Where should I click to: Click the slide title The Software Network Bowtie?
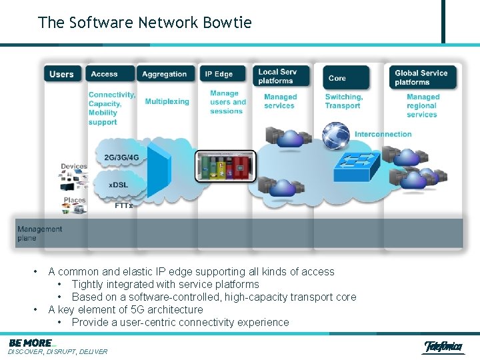145,23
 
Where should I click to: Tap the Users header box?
62,74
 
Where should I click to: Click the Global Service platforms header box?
422,77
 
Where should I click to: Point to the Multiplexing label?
167,102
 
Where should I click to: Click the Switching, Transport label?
343,101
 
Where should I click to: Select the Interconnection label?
383,134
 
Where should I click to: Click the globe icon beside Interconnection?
335,135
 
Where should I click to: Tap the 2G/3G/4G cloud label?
122,158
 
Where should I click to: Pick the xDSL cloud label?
118,185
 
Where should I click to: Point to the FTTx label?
124,205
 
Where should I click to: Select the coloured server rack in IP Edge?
225,166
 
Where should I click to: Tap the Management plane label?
39,233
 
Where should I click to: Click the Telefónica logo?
443,347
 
